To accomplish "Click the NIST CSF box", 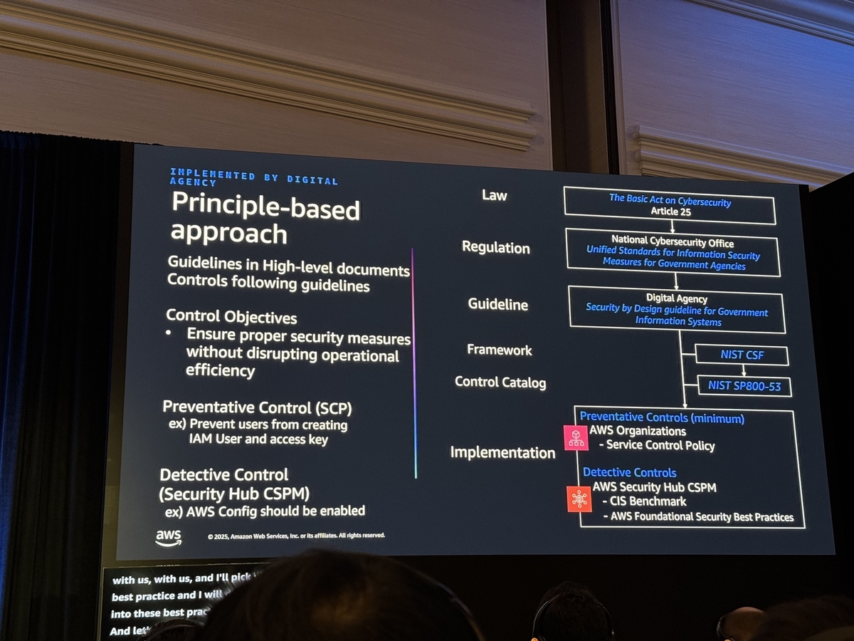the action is (x=742, y=355).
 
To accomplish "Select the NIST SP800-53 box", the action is (x=744, y=386).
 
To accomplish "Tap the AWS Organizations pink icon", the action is (x=575, y=438).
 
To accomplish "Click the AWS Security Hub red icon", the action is (x=579, y=499).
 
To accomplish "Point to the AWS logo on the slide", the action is (x=169, y=538).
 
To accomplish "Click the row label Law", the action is (x=494, y=195).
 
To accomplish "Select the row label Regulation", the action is (x=496, y=248).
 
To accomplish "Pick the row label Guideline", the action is (x=498, y=304).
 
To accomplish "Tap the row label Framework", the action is (x=500, y=350).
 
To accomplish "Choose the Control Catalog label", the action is (x=500, y=382).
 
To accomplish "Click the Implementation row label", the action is (x=502, y=452).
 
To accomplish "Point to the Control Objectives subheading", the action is (x=231, y=316).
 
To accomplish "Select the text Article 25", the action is (x=670, y=212).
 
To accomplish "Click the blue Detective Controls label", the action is (x=629, y=472).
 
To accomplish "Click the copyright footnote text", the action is (x=296, y=535).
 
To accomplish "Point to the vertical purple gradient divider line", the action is (x=414, y=363).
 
